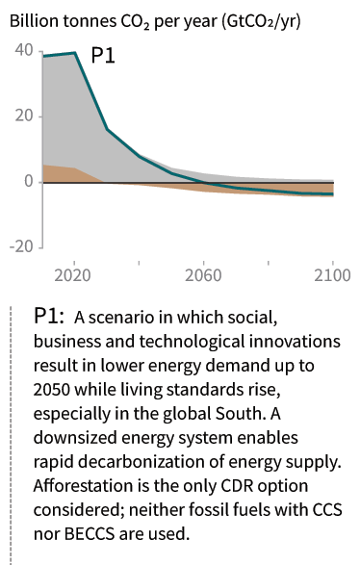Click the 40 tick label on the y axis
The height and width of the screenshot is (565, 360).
tap(24, 50)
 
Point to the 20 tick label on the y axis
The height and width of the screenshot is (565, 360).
tap(24, 116)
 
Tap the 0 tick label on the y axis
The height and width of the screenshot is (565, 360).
tap(29, 181)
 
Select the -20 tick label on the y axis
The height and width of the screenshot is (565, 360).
tap(21, 246)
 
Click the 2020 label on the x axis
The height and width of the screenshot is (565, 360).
tap(72, 275)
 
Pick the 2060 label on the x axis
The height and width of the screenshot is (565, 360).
tap(203, 275)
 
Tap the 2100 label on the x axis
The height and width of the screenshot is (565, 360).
tap(332, 275)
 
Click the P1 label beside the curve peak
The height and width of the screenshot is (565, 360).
tap(103, 56)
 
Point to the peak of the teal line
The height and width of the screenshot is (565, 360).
tap(74, 53)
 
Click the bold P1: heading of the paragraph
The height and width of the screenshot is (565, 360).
tap(49, 316)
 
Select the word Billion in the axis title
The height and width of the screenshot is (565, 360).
tap(35, 21)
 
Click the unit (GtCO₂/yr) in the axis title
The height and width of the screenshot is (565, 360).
tap(261, 22)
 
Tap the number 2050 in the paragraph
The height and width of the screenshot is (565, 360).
tap(52, 390)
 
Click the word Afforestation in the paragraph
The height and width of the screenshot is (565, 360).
tap(83, 485)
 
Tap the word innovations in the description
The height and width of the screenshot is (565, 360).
tap(295, 342)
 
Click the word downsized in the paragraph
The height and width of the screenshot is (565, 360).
tap(75, 437)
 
